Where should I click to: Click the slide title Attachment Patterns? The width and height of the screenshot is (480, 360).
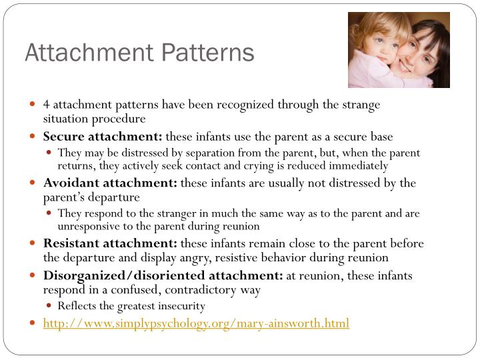coord(139,53)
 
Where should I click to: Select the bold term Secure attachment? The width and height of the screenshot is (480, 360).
coord(103,137)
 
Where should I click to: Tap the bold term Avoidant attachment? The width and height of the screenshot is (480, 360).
coord(110,183)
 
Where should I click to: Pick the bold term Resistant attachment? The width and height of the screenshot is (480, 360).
coord(110,243)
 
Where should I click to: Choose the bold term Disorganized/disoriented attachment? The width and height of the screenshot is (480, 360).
coord(163,275)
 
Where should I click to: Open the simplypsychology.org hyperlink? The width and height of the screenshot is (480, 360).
coord(196,323)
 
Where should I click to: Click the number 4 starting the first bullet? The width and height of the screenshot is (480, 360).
coord(47,105)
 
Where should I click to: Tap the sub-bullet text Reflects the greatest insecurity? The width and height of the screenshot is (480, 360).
coord(131,306)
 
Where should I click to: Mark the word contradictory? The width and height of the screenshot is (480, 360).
coord(225,290)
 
